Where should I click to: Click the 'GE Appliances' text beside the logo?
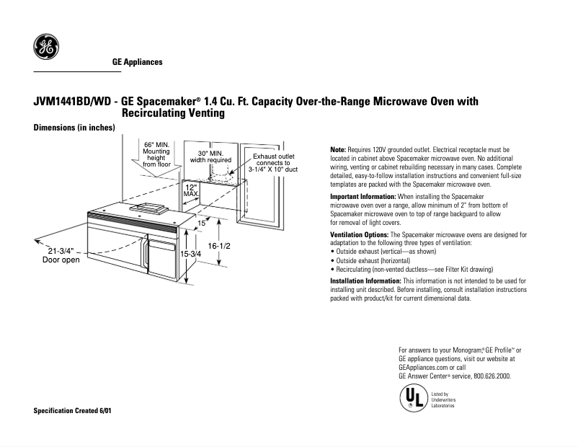[137, 62]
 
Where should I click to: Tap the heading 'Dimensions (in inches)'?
[75, 128]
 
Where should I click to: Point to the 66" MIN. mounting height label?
[156, 154]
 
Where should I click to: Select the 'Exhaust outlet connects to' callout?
[272, 160]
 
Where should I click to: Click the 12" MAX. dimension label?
[191, 190]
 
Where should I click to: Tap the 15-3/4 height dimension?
[191, 255]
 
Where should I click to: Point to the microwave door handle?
[146, 260]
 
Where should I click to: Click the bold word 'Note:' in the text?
[338, 149]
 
